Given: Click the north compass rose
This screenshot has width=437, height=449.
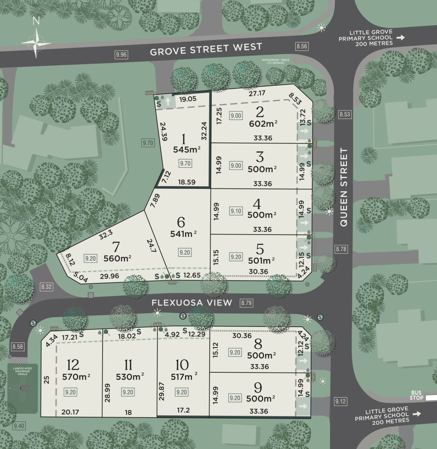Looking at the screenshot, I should (x=36, y=43).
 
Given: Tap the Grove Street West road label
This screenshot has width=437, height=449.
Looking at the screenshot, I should (x=206, y=49).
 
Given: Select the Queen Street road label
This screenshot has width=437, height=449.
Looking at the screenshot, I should (x=344, y=187).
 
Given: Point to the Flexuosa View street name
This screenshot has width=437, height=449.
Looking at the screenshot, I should (x=192, y=302).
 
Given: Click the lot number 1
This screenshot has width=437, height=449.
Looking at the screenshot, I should (x=183, y=140).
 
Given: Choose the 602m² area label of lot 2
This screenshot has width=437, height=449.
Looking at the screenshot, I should (x=263, y=124).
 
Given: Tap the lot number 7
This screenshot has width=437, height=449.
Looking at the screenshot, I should (x=116, y=247).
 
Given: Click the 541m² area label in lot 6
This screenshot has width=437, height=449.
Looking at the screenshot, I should (x=183, y=234).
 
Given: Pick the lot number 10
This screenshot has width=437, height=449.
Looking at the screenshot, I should (x=182, y=365).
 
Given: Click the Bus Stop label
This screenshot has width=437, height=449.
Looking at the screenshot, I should (x=416, y=395).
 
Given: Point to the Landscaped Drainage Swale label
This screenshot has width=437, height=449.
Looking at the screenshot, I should (x=22, y=371).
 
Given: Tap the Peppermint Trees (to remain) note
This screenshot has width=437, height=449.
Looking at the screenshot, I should (x=276, y=61).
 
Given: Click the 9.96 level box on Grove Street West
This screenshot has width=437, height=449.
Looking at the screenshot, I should (x=121, y=55).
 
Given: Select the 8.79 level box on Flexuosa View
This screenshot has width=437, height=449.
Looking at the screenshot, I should (x=246, y=303).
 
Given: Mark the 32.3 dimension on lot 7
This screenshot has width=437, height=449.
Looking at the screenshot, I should (x=106, y=234).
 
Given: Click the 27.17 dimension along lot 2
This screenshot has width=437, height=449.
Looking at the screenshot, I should (x=257, y=93).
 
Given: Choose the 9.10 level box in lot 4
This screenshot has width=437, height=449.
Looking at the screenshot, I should (x=236, y=211).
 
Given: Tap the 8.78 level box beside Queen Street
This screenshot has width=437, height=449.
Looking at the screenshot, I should (x=341, y=249).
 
